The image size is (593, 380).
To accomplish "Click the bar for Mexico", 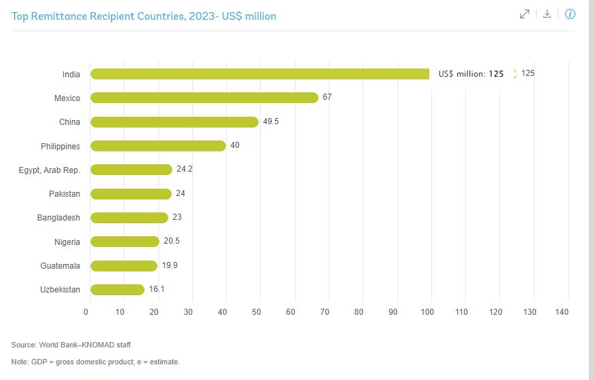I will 204,98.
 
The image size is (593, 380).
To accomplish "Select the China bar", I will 174,122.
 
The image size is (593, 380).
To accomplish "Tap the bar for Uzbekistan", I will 117,290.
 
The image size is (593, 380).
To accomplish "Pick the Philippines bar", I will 158,146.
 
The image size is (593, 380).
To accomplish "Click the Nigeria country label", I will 67,242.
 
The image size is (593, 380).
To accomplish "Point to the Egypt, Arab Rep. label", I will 49,170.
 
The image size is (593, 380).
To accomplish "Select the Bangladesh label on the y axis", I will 58,218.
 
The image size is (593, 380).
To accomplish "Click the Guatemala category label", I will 60,266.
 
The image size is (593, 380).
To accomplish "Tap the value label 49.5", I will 271,122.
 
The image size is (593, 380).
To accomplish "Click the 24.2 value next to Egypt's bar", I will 184,170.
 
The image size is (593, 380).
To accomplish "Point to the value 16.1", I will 157,290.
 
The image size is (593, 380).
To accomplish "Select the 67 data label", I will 327,98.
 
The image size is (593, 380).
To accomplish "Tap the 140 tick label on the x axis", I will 561,312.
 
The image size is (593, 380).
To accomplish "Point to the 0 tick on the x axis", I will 86,312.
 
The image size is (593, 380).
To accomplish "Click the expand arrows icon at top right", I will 524,14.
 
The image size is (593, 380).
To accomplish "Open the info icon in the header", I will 570,14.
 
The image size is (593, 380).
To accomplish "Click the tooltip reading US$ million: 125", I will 471,74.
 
